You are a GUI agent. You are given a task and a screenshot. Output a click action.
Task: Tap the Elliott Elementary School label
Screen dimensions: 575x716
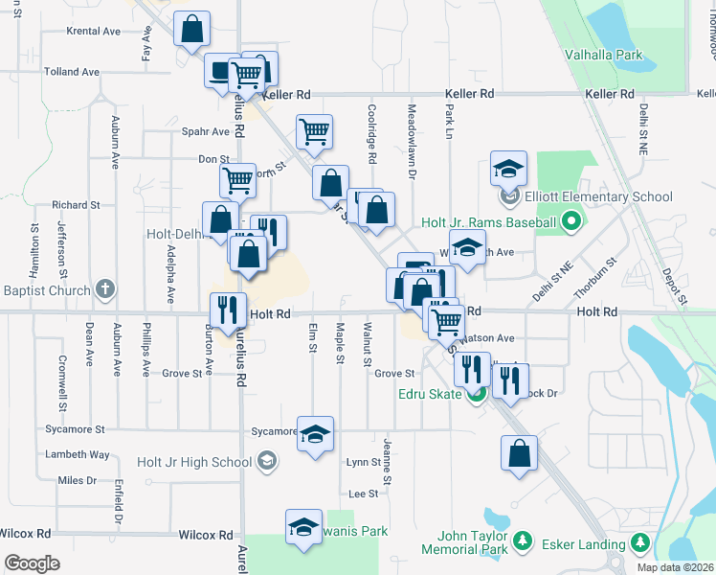598,197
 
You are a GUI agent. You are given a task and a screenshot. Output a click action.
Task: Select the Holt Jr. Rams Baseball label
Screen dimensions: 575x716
489,223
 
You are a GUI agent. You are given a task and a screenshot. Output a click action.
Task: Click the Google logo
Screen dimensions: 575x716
32,563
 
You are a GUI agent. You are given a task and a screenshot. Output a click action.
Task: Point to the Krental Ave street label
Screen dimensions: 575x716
93,31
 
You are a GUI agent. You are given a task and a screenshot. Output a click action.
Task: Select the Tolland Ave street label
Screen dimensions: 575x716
72,72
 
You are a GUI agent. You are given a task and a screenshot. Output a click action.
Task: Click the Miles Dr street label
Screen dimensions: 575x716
78,480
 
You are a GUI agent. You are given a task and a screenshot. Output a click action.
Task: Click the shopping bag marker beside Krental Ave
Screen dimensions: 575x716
192,29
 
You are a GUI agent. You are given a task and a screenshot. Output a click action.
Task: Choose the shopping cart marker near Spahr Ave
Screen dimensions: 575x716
314,133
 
